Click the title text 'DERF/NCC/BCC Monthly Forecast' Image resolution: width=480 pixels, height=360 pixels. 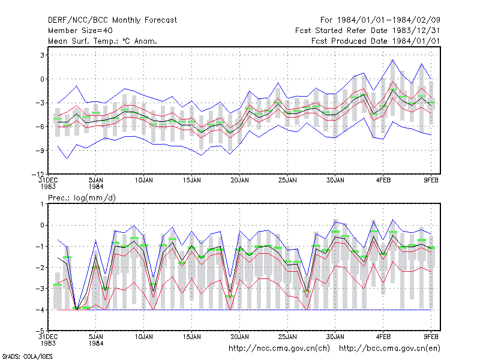click(x=112, y=20)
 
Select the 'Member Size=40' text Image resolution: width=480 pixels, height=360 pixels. click(x=80, y=31)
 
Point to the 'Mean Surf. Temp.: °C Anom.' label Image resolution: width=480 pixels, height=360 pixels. click(x=103, y=41)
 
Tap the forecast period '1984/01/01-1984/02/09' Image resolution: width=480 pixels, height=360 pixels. click(x=388, y=20)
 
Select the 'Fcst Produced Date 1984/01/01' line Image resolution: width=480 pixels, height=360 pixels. click(x=376, y=41)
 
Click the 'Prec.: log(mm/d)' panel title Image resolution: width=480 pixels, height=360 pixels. click(x=82, y=198)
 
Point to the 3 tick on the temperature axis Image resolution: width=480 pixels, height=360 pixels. click(x=42, y=55)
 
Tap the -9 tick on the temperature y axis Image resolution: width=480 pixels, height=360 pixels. click(x=40, y=151)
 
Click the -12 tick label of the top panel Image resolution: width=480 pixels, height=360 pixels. click(x=38, y=174)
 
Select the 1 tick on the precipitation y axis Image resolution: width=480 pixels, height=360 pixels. click(x=42, y=204)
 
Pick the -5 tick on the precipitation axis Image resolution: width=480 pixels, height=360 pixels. click(x=40, y=331)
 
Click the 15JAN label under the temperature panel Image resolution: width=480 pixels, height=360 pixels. click(x=191, y=180)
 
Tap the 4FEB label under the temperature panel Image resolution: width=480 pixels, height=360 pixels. click(x=383, y=180)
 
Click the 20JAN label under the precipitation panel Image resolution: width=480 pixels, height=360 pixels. click(x=239, y=337)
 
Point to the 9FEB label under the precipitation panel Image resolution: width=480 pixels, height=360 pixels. click(x=431, y=337)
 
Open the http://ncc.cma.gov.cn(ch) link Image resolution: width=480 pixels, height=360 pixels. click(x=280, y=349)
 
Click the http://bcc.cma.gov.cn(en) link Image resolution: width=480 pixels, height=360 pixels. click(x=389, y=349)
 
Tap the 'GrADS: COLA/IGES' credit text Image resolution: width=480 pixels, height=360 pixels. click(x=27, y=356)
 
